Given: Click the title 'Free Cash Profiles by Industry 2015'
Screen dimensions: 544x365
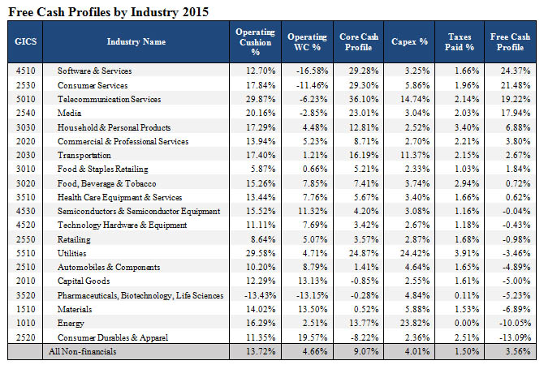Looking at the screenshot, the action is click(108, 12).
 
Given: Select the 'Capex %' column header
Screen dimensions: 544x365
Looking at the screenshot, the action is click(409, 41).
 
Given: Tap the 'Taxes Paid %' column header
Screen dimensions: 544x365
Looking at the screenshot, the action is click(460, 41).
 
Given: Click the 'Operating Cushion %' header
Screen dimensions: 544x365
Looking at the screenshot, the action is click(255, 41).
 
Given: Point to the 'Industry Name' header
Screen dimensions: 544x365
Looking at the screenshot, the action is click(136, 41).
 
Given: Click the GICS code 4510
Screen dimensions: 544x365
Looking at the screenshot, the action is click(25, 71).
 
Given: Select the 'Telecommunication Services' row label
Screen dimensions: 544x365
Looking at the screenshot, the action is click(110, 99).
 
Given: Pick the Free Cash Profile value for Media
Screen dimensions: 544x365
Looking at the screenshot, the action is click(516, 113).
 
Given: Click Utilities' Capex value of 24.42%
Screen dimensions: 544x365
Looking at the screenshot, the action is click(415, 253).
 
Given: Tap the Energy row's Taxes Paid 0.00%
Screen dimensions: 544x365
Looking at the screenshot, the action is click(467, 323).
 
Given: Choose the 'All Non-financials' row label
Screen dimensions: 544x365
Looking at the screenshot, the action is click(83, 351).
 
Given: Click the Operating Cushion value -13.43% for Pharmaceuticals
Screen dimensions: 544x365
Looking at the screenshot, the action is click(260, 295).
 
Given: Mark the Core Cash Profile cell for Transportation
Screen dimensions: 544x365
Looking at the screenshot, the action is click(364, 155).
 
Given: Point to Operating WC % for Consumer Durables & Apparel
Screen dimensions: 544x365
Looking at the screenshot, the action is click(313, 337).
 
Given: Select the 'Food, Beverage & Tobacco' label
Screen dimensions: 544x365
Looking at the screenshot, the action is click(107, 183).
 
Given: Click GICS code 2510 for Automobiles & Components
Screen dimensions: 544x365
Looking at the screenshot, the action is click(25, 267).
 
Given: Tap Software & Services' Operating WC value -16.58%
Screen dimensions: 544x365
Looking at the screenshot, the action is click(312, 71).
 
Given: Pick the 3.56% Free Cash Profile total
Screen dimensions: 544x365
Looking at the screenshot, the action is click(518, 351).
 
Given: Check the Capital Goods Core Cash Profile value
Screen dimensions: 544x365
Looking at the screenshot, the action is click(365, 281).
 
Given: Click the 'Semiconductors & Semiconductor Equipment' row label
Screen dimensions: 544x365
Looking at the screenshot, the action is click(139, 211).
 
